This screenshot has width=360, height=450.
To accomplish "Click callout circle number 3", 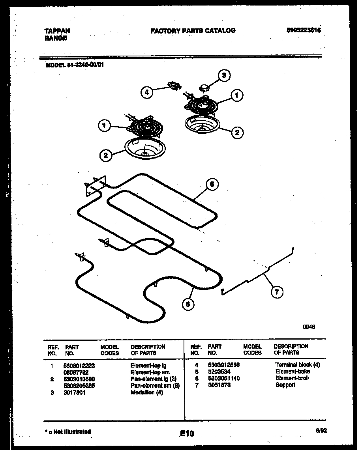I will (224, 75).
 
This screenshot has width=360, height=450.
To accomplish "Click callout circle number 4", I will (146, 92).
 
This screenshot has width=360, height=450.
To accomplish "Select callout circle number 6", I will (212, 184).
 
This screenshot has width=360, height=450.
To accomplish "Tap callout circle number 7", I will (277, 292).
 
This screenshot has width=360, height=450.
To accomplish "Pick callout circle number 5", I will (188, 303).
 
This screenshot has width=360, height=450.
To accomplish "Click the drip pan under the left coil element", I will (145, 149).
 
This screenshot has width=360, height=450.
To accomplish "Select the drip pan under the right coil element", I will (202, 124).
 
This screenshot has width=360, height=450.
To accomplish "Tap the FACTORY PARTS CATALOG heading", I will (193, 30).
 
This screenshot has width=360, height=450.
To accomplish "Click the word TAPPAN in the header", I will (57, 31).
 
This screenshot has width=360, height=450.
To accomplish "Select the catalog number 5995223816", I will (303, 30).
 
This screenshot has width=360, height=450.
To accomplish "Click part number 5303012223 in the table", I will (79, 366).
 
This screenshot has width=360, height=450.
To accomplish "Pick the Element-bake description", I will (292, 372).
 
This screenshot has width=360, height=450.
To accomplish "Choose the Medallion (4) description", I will (146, 392).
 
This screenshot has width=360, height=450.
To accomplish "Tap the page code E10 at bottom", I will (187, 434).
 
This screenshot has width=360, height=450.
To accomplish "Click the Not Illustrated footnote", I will (68, 432).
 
